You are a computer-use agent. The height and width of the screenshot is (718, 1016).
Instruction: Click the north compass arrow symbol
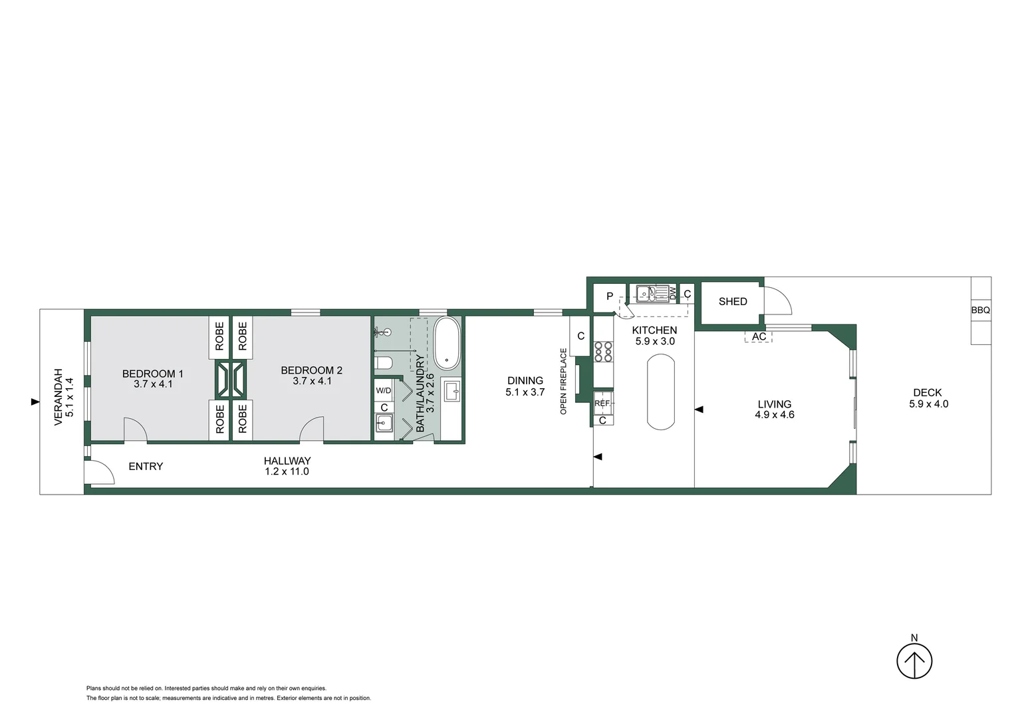(914, 661)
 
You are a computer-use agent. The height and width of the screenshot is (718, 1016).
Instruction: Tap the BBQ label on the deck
(980, 310)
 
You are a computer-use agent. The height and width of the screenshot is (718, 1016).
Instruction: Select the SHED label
(733, 302)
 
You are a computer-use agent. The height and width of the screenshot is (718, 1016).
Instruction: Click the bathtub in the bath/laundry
(447, 343)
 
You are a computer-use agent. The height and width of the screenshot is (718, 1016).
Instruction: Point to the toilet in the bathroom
(384, 363)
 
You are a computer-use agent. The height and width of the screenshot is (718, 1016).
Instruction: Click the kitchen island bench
(661, 392)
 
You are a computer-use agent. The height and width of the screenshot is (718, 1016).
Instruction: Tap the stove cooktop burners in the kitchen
(603, 352)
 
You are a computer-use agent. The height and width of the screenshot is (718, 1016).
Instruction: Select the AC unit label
(759, 337)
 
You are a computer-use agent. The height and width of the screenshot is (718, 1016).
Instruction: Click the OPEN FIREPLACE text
(564, 382)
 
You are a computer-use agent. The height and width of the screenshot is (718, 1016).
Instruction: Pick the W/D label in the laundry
(384, 391)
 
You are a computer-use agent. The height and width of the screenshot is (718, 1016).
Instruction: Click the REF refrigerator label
(602, 404)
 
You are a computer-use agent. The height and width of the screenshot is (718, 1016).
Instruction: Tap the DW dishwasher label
(673, 293)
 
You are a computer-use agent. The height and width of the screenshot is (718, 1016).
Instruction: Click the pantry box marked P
(610, 297)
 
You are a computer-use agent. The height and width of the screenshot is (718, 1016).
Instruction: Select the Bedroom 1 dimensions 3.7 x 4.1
(153, 384)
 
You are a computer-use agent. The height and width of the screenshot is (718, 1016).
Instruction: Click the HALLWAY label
(287, 461)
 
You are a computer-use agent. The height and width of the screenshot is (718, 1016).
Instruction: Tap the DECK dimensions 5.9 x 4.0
(929, 404)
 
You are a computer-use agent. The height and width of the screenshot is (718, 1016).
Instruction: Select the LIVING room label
(775, 404)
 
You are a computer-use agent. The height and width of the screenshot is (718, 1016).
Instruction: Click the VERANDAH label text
(59, 398)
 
